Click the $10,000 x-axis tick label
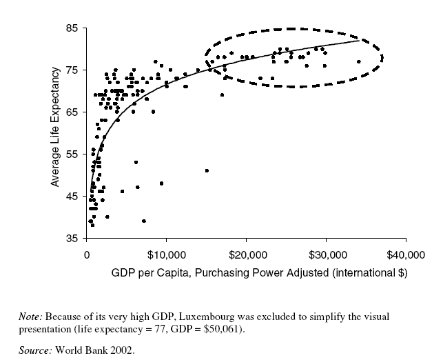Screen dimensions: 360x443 [166, 254]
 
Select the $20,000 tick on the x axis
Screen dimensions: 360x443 [246, 254]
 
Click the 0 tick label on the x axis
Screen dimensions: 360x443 [86, 254]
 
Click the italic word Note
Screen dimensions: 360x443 [31, 317]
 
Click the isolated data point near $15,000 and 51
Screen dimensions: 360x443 [207, 170]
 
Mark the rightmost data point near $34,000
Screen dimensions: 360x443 [359, 62]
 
